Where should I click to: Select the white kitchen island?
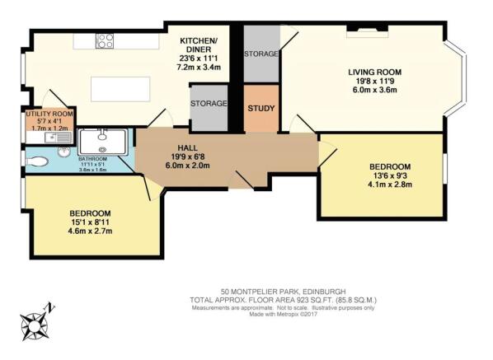coord(118,86)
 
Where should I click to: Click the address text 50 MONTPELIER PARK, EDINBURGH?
coord(282,290)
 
